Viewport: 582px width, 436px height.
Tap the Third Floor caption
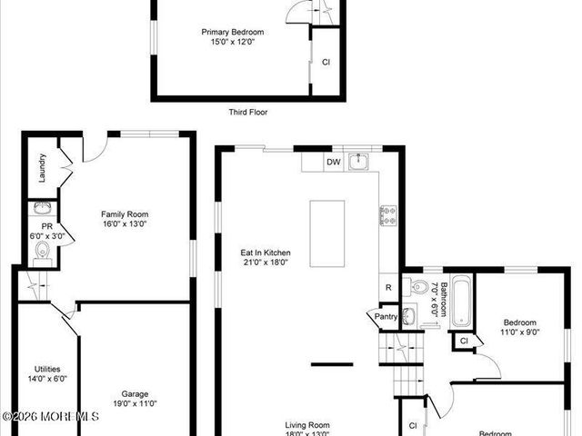(247, 113)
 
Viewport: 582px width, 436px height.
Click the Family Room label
(125, 214)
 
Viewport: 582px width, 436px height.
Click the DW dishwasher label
(334, 163)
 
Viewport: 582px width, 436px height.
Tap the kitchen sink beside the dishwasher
(359, 163)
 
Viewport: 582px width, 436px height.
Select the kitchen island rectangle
(326, 233)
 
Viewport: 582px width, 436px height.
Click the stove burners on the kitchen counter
(387, 215)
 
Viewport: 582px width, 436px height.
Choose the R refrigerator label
(388, 288)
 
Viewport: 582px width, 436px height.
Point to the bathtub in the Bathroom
(460, 301)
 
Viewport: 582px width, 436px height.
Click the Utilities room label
(47, 369)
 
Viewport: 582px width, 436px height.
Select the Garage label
(135, 393)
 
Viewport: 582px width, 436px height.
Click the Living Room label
(307, 424)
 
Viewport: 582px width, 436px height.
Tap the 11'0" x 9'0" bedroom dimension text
(520, 332)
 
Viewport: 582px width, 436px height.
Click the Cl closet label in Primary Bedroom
(326, 62)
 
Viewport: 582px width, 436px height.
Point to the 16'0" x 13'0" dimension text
(125, 223)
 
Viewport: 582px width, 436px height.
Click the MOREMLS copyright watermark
(50, 416)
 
